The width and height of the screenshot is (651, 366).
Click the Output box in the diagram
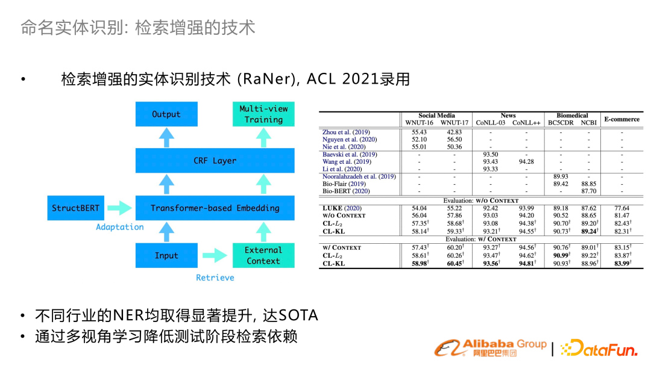(x=166, y=114)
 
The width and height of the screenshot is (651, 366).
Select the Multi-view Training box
(x=263, y=114)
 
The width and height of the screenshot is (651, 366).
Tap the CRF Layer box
(x=215, y=160)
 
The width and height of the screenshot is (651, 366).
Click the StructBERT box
(x=75, y=208)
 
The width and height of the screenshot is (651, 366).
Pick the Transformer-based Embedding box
(x=215, y=208)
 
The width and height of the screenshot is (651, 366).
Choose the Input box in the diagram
(x=166, y=255)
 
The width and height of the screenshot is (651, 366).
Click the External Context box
(x=263, y=255)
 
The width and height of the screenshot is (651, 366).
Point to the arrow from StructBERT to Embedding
(x=119, y=208)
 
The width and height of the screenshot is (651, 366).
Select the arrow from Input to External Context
(x=215, y=255)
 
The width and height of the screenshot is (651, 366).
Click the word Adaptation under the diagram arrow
(x=119, y=227)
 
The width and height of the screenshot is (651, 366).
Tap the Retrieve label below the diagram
(x=215, y=278)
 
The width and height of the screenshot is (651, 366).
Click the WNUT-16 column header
(x=419, y=123)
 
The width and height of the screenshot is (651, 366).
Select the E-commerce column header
(x=622, y=119)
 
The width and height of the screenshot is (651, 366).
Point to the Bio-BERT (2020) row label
(x=346, y=191)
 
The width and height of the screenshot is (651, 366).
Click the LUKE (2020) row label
(x=342, y=208)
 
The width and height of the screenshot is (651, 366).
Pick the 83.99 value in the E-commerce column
(x=623, y=263)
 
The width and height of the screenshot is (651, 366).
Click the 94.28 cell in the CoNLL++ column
(x=526, y=162)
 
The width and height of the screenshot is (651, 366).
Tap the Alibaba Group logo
(x=490, y=348)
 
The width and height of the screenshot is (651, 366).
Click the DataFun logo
(x=599, y=348)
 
